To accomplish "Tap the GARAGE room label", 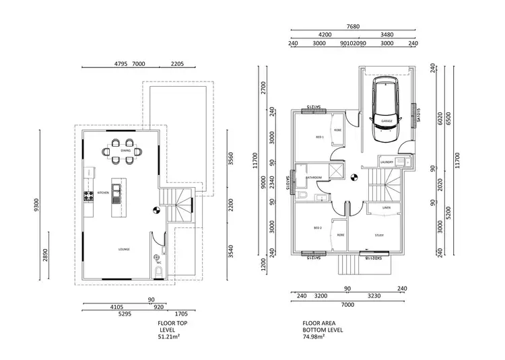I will (x=386, y=121).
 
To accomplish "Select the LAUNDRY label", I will (x=386, y=162).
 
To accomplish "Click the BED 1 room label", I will (x=321, y=137).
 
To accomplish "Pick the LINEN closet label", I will (x=386, y=207).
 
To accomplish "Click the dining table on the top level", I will (x=126, y=151).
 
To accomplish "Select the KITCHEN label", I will (x=103, y=192).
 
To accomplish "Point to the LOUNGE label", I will (x=124, y=249).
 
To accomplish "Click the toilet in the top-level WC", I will (x=158, y=271).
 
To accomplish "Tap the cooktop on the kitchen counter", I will (x=87, y=196).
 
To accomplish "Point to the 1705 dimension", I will (x=182, y=313).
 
